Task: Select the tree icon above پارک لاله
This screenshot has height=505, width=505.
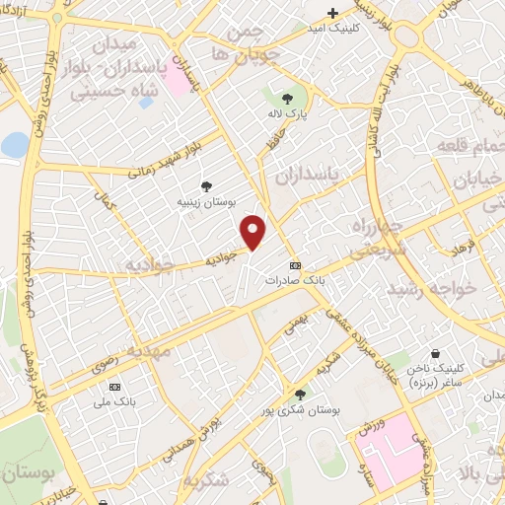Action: coord(287,99)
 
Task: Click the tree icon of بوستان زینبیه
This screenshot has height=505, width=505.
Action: coord(206,185)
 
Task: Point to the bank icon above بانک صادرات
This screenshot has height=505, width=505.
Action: coord(295,267)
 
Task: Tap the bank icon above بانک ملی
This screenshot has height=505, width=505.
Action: coord(116,386)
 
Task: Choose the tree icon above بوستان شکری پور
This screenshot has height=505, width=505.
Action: coord(300,394)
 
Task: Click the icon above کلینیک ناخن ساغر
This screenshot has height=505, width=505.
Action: coord(435,353)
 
